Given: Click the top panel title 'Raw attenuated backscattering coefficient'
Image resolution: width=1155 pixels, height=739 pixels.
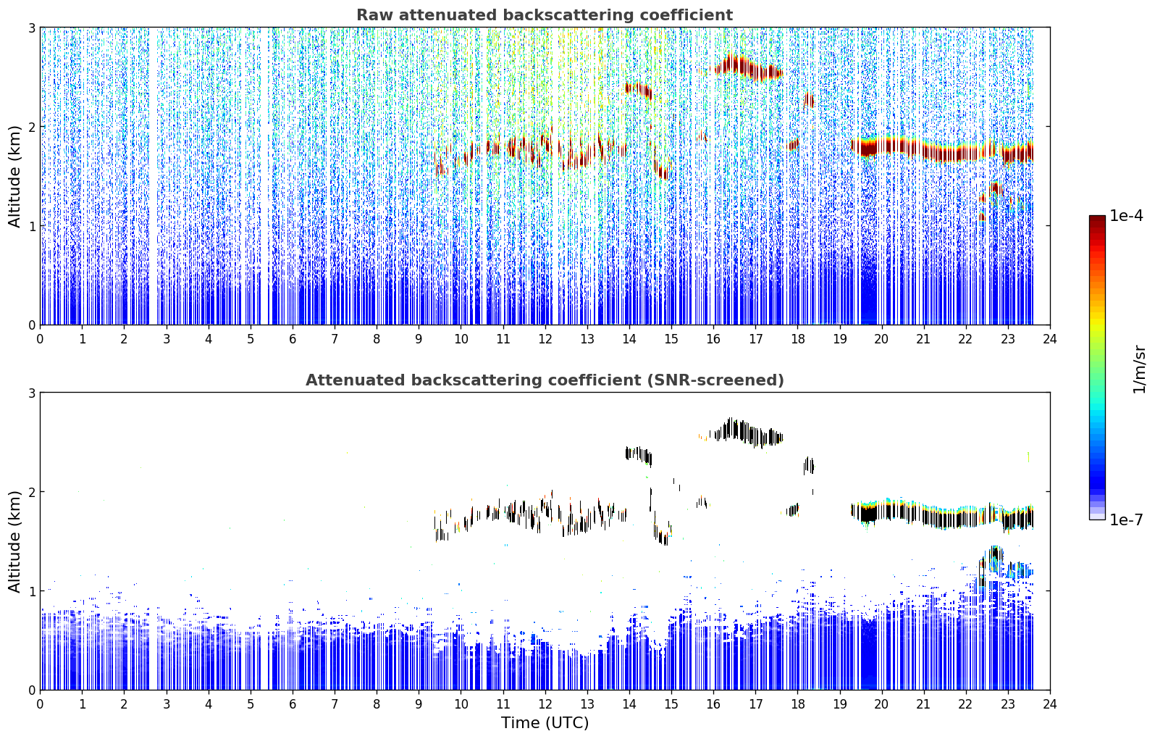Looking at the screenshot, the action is [x=545, y=15].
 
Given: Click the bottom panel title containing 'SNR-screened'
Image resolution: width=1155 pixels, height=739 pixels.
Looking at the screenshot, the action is [x=545, y=380].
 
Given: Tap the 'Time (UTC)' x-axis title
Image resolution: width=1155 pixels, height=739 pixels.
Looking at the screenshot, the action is [x=545, y=722].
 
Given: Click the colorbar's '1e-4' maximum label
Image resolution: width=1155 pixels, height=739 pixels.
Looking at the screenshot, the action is [x=1127, y=216].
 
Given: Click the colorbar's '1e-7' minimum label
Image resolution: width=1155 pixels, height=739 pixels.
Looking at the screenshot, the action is [x=1127, y=519].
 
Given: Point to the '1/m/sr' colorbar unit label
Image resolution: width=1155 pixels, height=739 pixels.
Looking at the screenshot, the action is [x=1139, y=369].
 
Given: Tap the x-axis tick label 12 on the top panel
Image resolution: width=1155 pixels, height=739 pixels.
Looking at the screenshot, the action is [x=545, y=339].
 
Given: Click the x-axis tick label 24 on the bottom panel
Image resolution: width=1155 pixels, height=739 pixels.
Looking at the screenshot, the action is [x=1050, y=704].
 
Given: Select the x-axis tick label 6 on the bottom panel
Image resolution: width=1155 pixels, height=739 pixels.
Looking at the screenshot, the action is [x=293, y=704].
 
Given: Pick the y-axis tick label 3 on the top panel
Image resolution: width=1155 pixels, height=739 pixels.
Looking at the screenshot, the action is [x=31, y=28].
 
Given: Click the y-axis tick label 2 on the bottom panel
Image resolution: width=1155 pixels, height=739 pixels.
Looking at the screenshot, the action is [x=31, y=493].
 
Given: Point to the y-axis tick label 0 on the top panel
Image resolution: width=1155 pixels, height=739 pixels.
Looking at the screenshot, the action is [x=31, y=325].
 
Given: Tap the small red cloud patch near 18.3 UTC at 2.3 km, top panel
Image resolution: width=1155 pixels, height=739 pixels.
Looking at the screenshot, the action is [x=809, y=100].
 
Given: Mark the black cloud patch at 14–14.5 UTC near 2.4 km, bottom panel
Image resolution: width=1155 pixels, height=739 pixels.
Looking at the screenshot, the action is [x=639, y=455].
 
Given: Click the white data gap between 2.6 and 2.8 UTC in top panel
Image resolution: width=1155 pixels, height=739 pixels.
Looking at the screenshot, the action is [x=153, y=176].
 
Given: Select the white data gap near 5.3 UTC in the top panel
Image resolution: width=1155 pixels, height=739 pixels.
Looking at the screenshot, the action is [x=264, y=176].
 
